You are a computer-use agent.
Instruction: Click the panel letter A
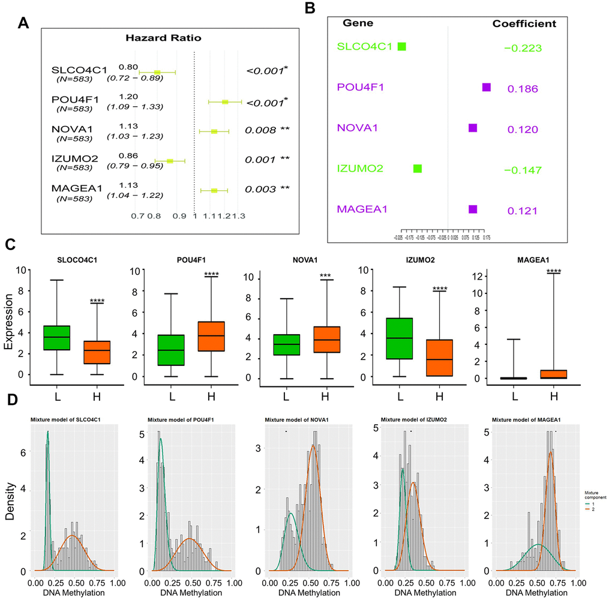[x=23, y=23]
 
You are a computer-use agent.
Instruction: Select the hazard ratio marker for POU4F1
[x=226, y=102]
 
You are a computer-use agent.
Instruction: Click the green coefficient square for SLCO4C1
[x=402, y=46]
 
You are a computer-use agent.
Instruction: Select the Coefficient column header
[x=524, y=24]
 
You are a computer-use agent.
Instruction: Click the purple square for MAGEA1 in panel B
[x=473, y=209]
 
